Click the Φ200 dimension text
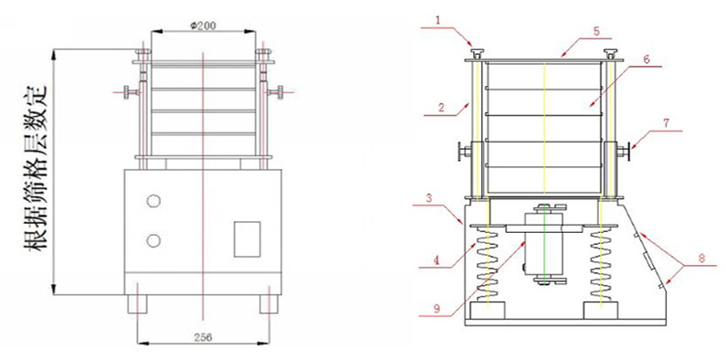point(203,26)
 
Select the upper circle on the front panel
point(153,201)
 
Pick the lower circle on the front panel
point(153,240)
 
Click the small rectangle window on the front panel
point(247,239)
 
